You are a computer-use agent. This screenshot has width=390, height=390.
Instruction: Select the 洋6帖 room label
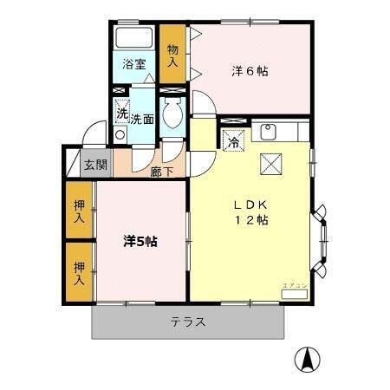(x=249, y=71)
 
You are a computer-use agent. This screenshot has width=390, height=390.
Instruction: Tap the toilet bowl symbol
(x=171, y=114)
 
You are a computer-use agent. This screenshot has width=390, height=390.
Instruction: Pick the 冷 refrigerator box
(x=233, y=142)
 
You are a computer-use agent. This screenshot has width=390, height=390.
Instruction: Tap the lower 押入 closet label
(x=78, y=274)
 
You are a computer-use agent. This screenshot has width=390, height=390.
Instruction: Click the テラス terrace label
(x=187, y=322)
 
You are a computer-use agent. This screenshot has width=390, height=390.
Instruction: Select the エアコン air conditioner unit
(x=294, y=294)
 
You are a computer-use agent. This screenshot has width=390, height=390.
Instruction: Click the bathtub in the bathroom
(x=133, y=39)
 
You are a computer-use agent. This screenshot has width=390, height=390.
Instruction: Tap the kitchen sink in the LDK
(x=268, y=132)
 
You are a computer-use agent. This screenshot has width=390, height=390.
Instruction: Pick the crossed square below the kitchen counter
(x=270, y=162)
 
